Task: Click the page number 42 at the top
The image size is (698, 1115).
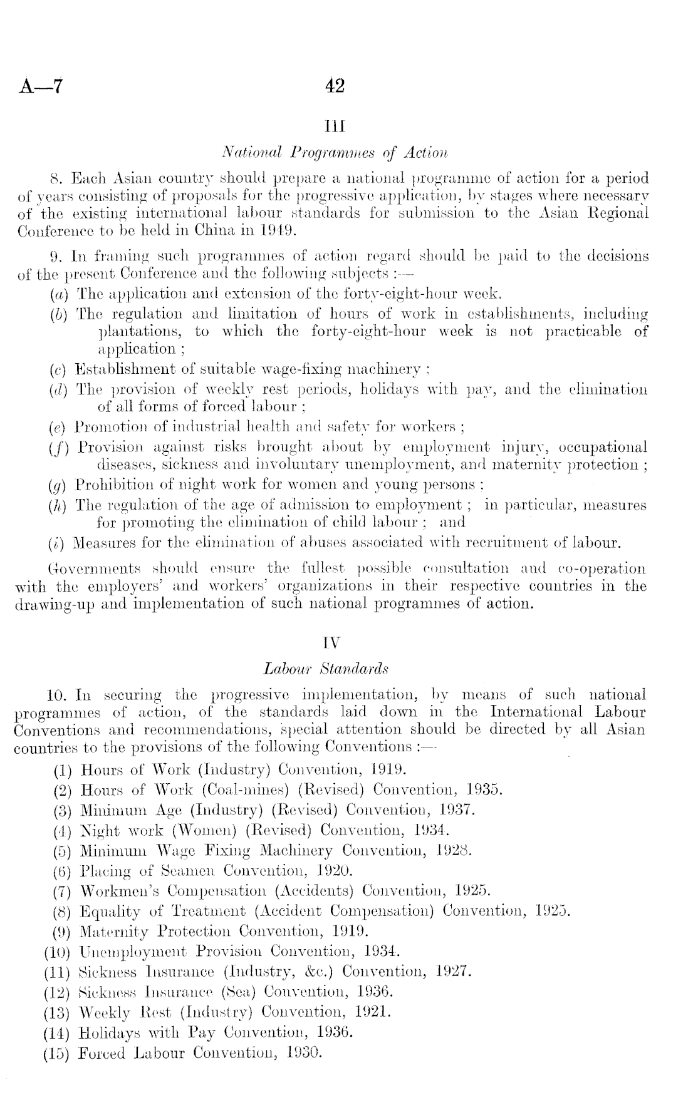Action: (x=335, y=85)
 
